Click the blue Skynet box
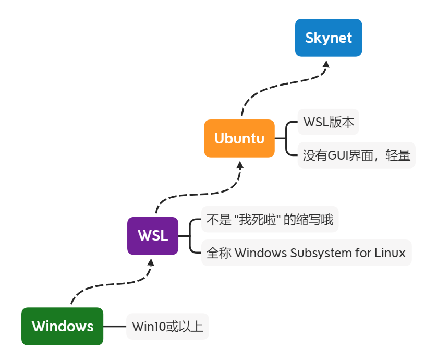328,38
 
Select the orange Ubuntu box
239,138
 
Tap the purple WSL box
153,235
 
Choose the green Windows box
63,326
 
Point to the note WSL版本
329,123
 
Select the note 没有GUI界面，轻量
356,155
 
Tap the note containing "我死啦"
270,220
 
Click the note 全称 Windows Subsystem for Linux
306,253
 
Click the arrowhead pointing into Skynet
326,64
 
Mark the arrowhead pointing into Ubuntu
239,165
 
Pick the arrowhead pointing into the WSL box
151,262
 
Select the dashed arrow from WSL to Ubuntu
198,196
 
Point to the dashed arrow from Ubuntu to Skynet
282,86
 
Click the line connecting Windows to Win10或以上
115,327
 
